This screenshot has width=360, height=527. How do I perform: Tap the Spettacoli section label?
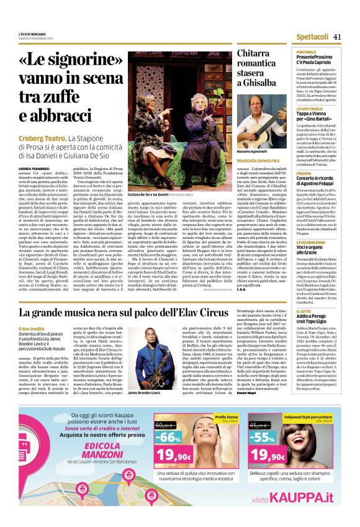312,36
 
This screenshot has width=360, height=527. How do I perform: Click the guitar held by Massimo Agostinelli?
264,131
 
